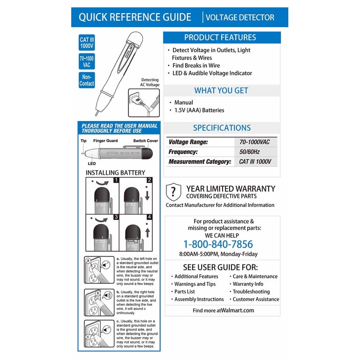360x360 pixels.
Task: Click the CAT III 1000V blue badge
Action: tap(87, 43)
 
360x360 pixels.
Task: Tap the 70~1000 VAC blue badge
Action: tap(87, 61)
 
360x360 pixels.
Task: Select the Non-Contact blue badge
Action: tap(87, 80)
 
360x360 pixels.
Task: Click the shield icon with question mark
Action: tap(173, 192)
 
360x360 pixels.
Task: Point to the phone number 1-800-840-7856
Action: tap(218, 244)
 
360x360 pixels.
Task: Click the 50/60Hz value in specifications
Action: tap(249, 152)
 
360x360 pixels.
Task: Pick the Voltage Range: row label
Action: tap(188, 142)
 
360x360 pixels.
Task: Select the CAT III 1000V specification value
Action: tap(255, 162)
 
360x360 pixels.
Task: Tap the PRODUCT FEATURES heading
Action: tap(220, 37)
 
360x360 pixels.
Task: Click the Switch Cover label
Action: tap(146, 141)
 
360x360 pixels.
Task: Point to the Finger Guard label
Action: tap(105, 141)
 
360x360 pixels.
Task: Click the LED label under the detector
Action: tap(91, 164)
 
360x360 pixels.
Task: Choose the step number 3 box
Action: tap(116, 217)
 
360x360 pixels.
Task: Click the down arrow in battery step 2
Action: tap(147, 195)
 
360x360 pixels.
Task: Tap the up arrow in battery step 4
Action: tap(147, 232)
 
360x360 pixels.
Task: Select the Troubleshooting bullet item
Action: tap(251, 292)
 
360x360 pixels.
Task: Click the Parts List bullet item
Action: tap(185, 292)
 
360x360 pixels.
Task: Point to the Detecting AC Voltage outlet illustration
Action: tap(144, 103)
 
